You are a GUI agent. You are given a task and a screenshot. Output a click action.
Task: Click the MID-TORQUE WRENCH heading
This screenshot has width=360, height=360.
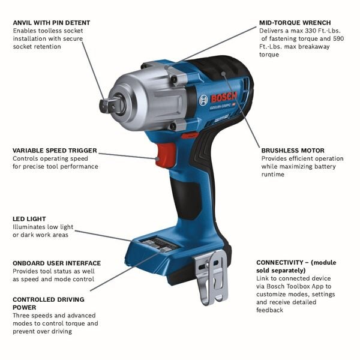[x=295, y=22]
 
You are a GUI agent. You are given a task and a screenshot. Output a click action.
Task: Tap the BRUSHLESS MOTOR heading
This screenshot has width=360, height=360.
[x=292, y=151]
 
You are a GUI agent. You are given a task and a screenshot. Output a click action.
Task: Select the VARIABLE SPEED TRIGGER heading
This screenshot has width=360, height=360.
[x=55, y=151]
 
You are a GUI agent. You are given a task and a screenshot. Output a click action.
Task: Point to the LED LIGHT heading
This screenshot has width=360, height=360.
[x=29, y=219]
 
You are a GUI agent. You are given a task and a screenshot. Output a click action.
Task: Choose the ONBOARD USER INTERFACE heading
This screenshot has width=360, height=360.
[x=56, y=263]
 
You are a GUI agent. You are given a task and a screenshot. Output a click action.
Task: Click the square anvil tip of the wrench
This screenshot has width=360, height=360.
[x=112, y=106]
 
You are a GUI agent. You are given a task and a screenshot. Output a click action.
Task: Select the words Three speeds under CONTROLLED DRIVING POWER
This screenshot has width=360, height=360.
[x=35, y=315]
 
